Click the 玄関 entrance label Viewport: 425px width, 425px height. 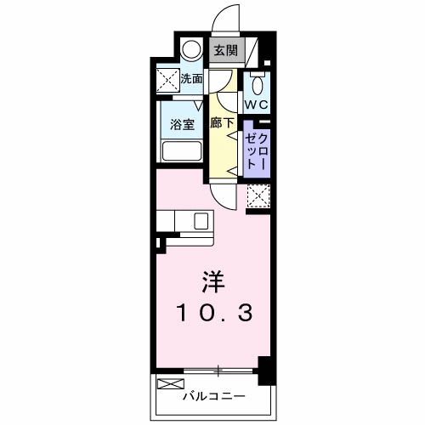(225, 50)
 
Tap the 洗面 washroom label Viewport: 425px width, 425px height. (192, 79)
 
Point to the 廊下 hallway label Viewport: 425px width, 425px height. (222, 122)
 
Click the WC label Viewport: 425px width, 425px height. (257, 104)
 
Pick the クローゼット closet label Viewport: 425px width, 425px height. (257, 151)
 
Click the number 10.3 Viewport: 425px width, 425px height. (214, 315)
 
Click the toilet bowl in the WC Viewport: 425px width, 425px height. (258, 84)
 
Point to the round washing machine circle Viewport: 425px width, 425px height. (193, 49)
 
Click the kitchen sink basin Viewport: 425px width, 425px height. (201, 222)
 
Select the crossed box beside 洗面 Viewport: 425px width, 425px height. (166, 80)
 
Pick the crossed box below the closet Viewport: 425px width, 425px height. (257, 195)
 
